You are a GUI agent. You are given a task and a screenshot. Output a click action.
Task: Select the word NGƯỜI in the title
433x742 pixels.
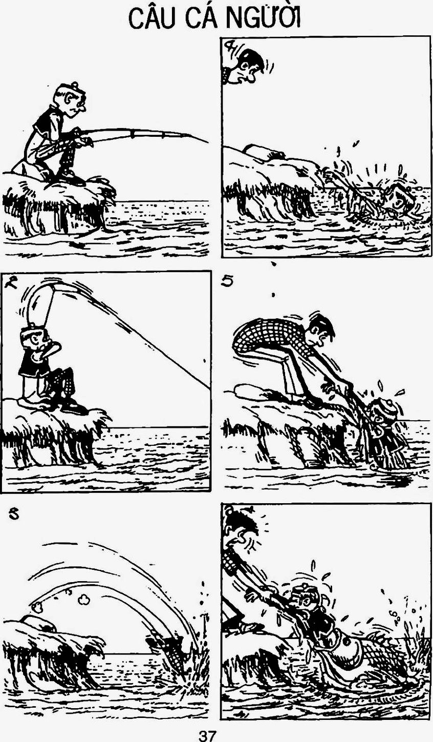(263, 18)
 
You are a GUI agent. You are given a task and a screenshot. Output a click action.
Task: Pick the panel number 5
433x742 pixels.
(228, 281)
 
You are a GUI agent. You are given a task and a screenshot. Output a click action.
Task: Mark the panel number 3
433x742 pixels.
(14, 514)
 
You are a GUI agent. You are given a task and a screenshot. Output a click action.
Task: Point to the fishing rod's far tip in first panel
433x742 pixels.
(208, 142)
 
